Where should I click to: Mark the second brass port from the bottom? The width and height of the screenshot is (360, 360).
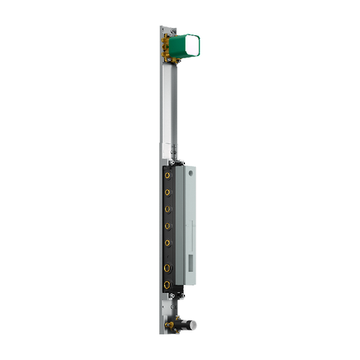pos(168,269)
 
